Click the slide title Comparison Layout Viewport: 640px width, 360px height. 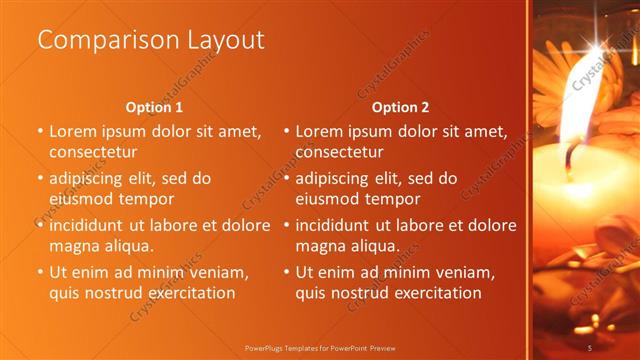coord(151,40)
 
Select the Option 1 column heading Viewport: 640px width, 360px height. coord(154,108)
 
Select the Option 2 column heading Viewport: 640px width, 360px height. coord(400,108)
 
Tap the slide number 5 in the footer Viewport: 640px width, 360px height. coord(591,347)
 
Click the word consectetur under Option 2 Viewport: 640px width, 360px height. coord(339,152)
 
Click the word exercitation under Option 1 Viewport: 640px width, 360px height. coord(190,293)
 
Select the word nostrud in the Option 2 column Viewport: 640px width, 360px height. coord(373,293)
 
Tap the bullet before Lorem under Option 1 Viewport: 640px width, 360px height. coord(40,131)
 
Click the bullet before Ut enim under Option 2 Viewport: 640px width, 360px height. coord(286,272)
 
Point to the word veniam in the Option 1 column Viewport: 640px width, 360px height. coord(221,272)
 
